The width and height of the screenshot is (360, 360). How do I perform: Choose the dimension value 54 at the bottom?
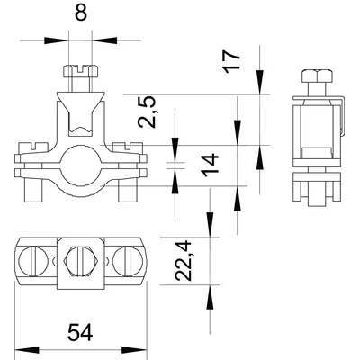(80, 332)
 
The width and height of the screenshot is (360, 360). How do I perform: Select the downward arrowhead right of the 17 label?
(261, 86)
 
